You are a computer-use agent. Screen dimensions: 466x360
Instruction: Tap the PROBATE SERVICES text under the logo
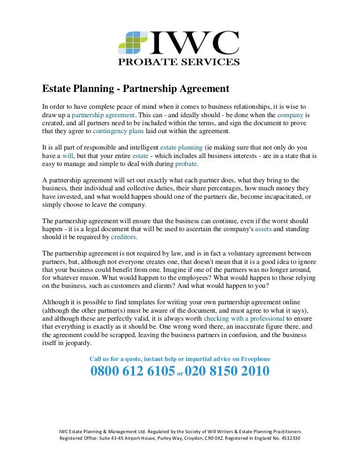point(179,61)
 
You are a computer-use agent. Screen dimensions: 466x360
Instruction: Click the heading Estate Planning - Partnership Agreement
point(136,89)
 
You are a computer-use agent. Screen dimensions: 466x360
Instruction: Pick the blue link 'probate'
point(186,164)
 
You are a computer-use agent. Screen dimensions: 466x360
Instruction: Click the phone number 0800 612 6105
point(133,372)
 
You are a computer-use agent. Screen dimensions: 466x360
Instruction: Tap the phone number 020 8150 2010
point(227,372)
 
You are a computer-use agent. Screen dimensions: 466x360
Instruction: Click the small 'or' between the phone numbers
point(180,375)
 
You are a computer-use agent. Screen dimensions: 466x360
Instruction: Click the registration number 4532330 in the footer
point(290,439)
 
